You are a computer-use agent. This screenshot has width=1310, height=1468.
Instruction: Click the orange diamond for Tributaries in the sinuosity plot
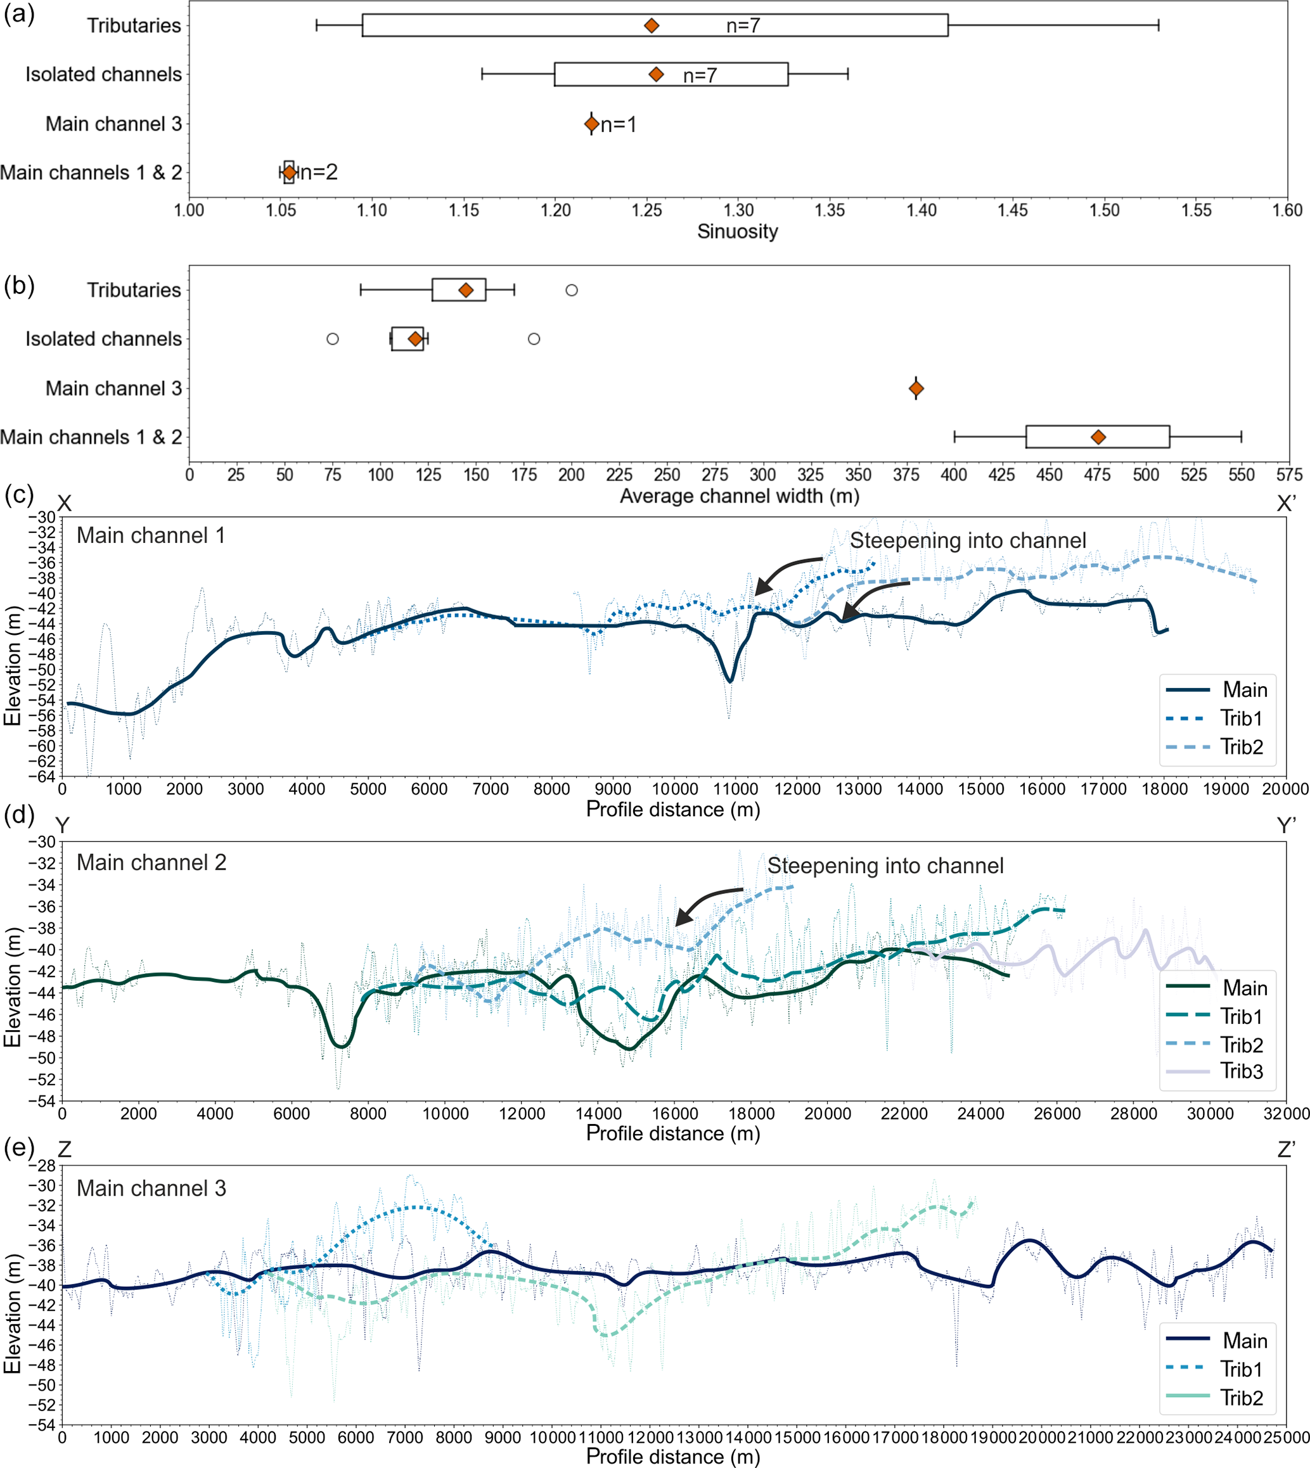(652, 26)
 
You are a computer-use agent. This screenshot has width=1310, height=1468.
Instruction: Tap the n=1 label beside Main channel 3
(619, 125)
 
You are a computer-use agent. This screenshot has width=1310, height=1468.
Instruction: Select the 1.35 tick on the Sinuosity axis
(830, 210)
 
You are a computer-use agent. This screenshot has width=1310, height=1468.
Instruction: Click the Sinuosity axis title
(737, 232)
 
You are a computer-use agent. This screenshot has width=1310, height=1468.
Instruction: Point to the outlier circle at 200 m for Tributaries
(572, 290)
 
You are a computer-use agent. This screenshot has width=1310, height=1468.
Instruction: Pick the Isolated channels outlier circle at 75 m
(333, 339)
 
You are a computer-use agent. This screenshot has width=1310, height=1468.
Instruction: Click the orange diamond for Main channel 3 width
(916, 389)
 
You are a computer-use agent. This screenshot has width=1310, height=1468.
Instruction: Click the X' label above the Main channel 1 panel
(1285, 504)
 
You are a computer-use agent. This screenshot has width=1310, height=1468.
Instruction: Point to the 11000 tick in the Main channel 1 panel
(736, 789)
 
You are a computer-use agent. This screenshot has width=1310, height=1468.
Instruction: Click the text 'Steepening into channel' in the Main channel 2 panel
(885, 865)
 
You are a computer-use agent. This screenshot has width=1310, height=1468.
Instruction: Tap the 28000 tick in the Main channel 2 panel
(1134, 1114)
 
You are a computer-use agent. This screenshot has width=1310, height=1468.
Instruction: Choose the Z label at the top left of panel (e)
(64, 1149)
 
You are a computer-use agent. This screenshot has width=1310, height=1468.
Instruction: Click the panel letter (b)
(20, 286)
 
